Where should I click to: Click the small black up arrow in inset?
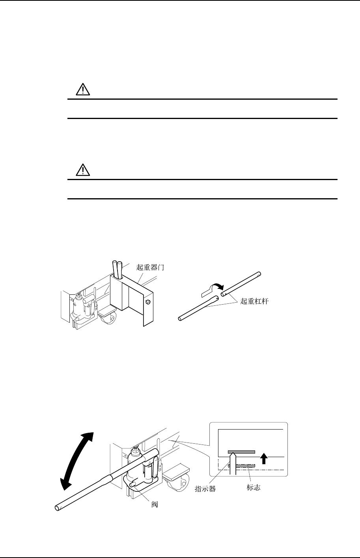click(x=265, y=458)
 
